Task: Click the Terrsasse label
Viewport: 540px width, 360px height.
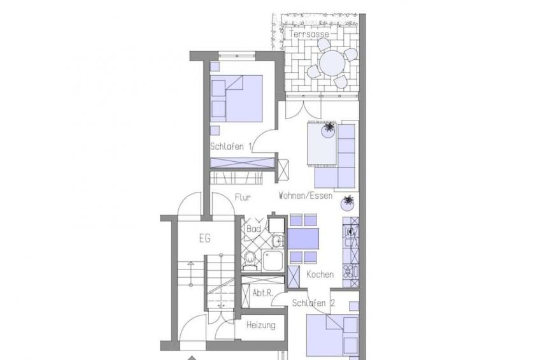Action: (309, 34)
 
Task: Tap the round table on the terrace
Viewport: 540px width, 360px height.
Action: (332, 63)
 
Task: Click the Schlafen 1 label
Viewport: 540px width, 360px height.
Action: (231, 147)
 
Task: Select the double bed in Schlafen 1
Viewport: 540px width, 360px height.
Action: (236, 99)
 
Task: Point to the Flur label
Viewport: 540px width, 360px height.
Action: (243, 198)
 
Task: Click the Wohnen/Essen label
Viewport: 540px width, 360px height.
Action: (306, 196)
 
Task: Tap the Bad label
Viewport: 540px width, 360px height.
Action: (253, 229)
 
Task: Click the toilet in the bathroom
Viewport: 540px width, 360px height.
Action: (250, 261)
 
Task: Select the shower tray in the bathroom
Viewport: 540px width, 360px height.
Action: (273, 260)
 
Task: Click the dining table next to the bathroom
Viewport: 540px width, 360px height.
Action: (303, 239)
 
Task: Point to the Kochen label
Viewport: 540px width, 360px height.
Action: (320, 275)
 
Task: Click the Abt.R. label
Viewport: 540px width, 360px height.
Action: (263, 293)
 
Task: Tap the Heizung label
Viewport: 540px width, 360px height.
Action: (261, 325)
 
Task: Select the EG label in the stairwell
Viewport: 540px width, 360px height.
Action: (204, 238)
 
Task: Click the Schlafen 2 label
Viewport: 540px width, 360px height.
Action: (313, 303)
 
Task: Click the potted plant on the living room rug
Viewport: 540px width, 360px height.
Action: (329, 129)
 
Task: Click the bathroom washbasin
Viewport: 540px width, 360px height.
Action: (278, 241)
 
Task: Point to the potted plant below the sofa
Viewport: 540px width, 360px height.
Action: (348, 203)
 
